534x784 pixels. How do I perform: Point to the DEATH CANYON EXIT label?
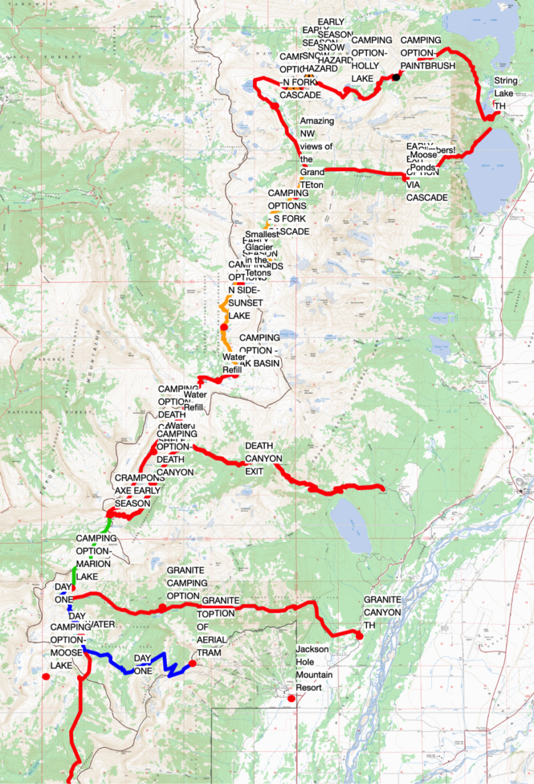coord(264,459)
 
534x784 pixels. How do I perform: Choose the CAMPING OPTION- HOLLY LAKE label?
coord(371,60)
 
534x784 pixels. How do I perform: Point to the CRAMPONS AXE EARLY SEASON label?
coord(139,491)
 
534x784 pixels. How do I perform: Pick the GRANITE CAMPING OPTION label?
coord(186,583)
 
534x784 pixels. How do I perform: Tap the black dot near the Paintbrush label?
coord(396,77)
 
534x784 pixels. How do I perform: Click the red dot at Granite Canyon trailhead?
coord(359,635)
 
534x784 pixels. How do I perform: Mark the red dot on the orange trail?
coord(224,327)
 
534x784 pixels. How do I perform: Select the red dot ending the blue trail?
coord(193,663)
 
